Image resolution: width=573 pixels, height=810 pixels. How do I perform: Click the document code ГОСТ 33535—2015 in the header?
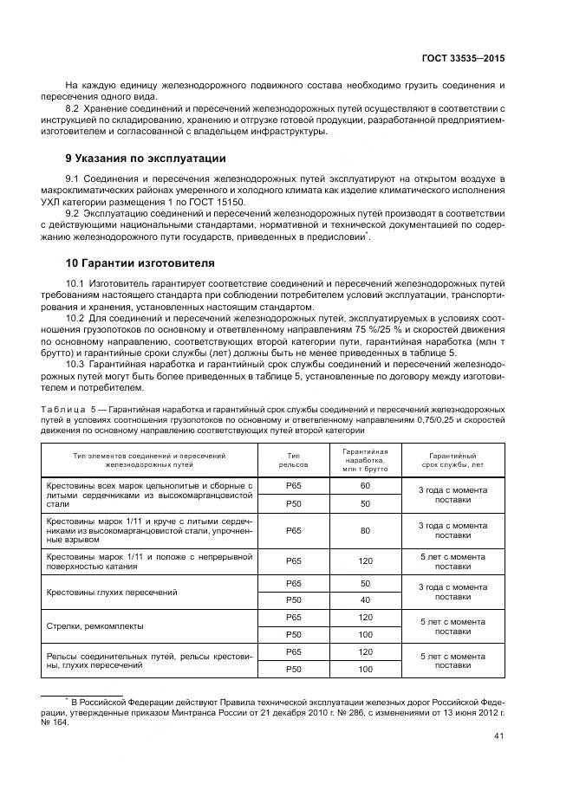(x=461, y=59)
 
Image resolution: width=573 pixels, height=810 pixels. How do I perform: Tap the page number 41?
(x=498, y=737)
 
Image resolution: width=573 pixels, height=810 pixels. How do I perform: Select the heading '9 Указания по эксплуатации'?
(x=146, y=159)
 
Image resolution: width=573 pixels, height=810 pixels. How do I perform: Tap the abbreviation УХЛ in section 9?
(x=52, y=202)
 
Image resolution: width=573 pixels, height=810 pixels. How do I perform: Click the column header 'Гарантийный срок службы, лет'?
(x=453, y=460)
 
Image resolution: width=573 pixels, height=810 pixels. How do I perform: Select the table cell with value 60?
(x=365, y=486)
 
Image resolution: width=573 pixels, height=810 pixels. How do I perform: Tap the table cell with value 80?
(x=365, y=530)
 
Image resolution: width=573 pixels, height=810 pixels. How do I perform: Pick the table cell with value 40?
(x=365, y=599)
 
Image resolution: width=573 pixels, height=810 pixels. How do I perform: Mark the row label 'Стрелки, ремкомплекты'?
(x=94, y=625)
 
